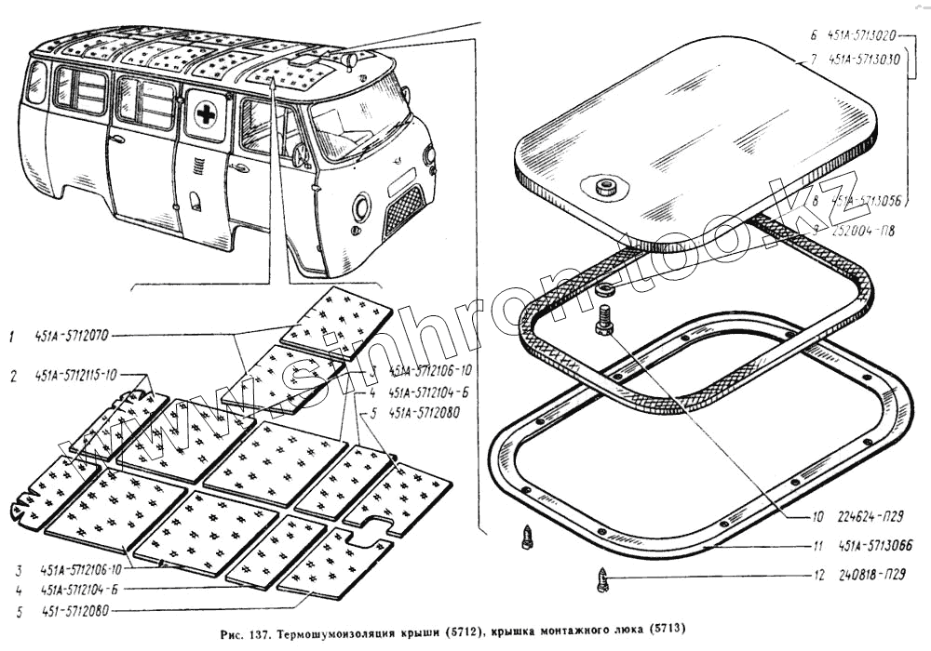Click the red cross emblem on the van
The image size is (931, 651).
pyautogui.click(x=207, y=115)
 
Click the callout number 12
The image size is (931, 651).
pyautogui.click(x=817, y=575)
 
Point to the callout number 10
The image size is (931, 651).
pyautogui.click(x=817, y=516)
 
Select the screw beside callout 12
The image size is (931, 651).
pyautogui.click(x=600, y=581)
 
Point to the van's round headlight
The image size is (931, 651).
pyautogui.click(x=360, y=206)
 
